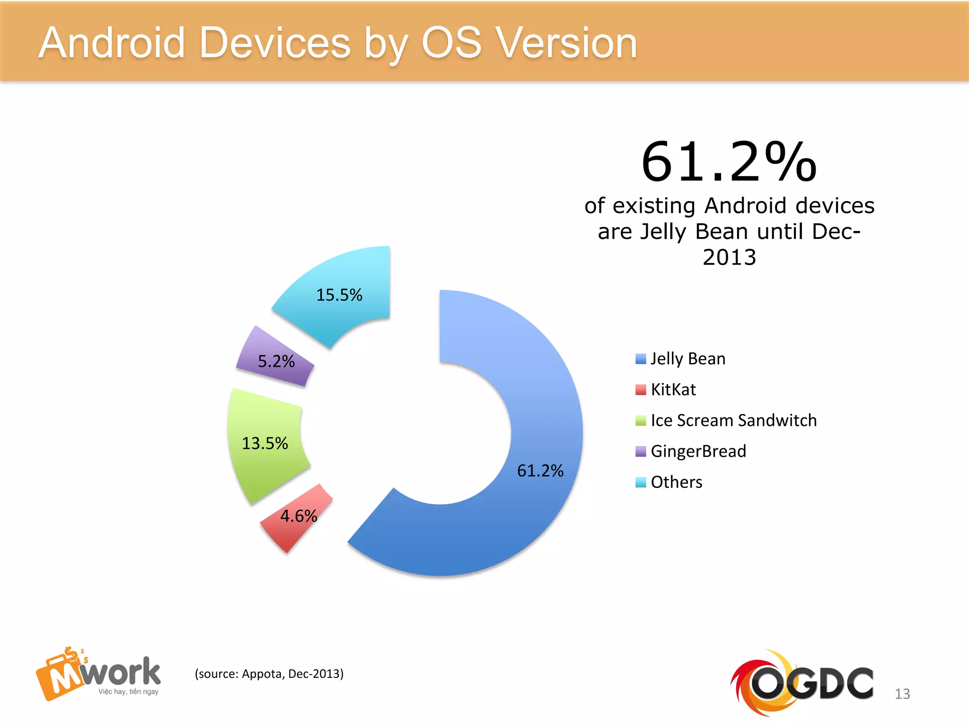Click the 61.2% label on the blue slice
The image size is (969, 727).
540,470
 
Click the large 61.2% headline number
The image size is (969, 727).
729,162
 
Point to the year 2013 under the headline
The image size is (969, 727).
729,257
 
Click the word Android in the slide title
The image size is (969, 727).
112,44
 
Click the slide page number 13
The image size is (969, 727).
902,694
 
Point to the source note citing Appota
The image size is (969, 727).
269,674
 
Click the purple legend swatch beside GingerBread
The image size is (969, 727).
641,452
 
